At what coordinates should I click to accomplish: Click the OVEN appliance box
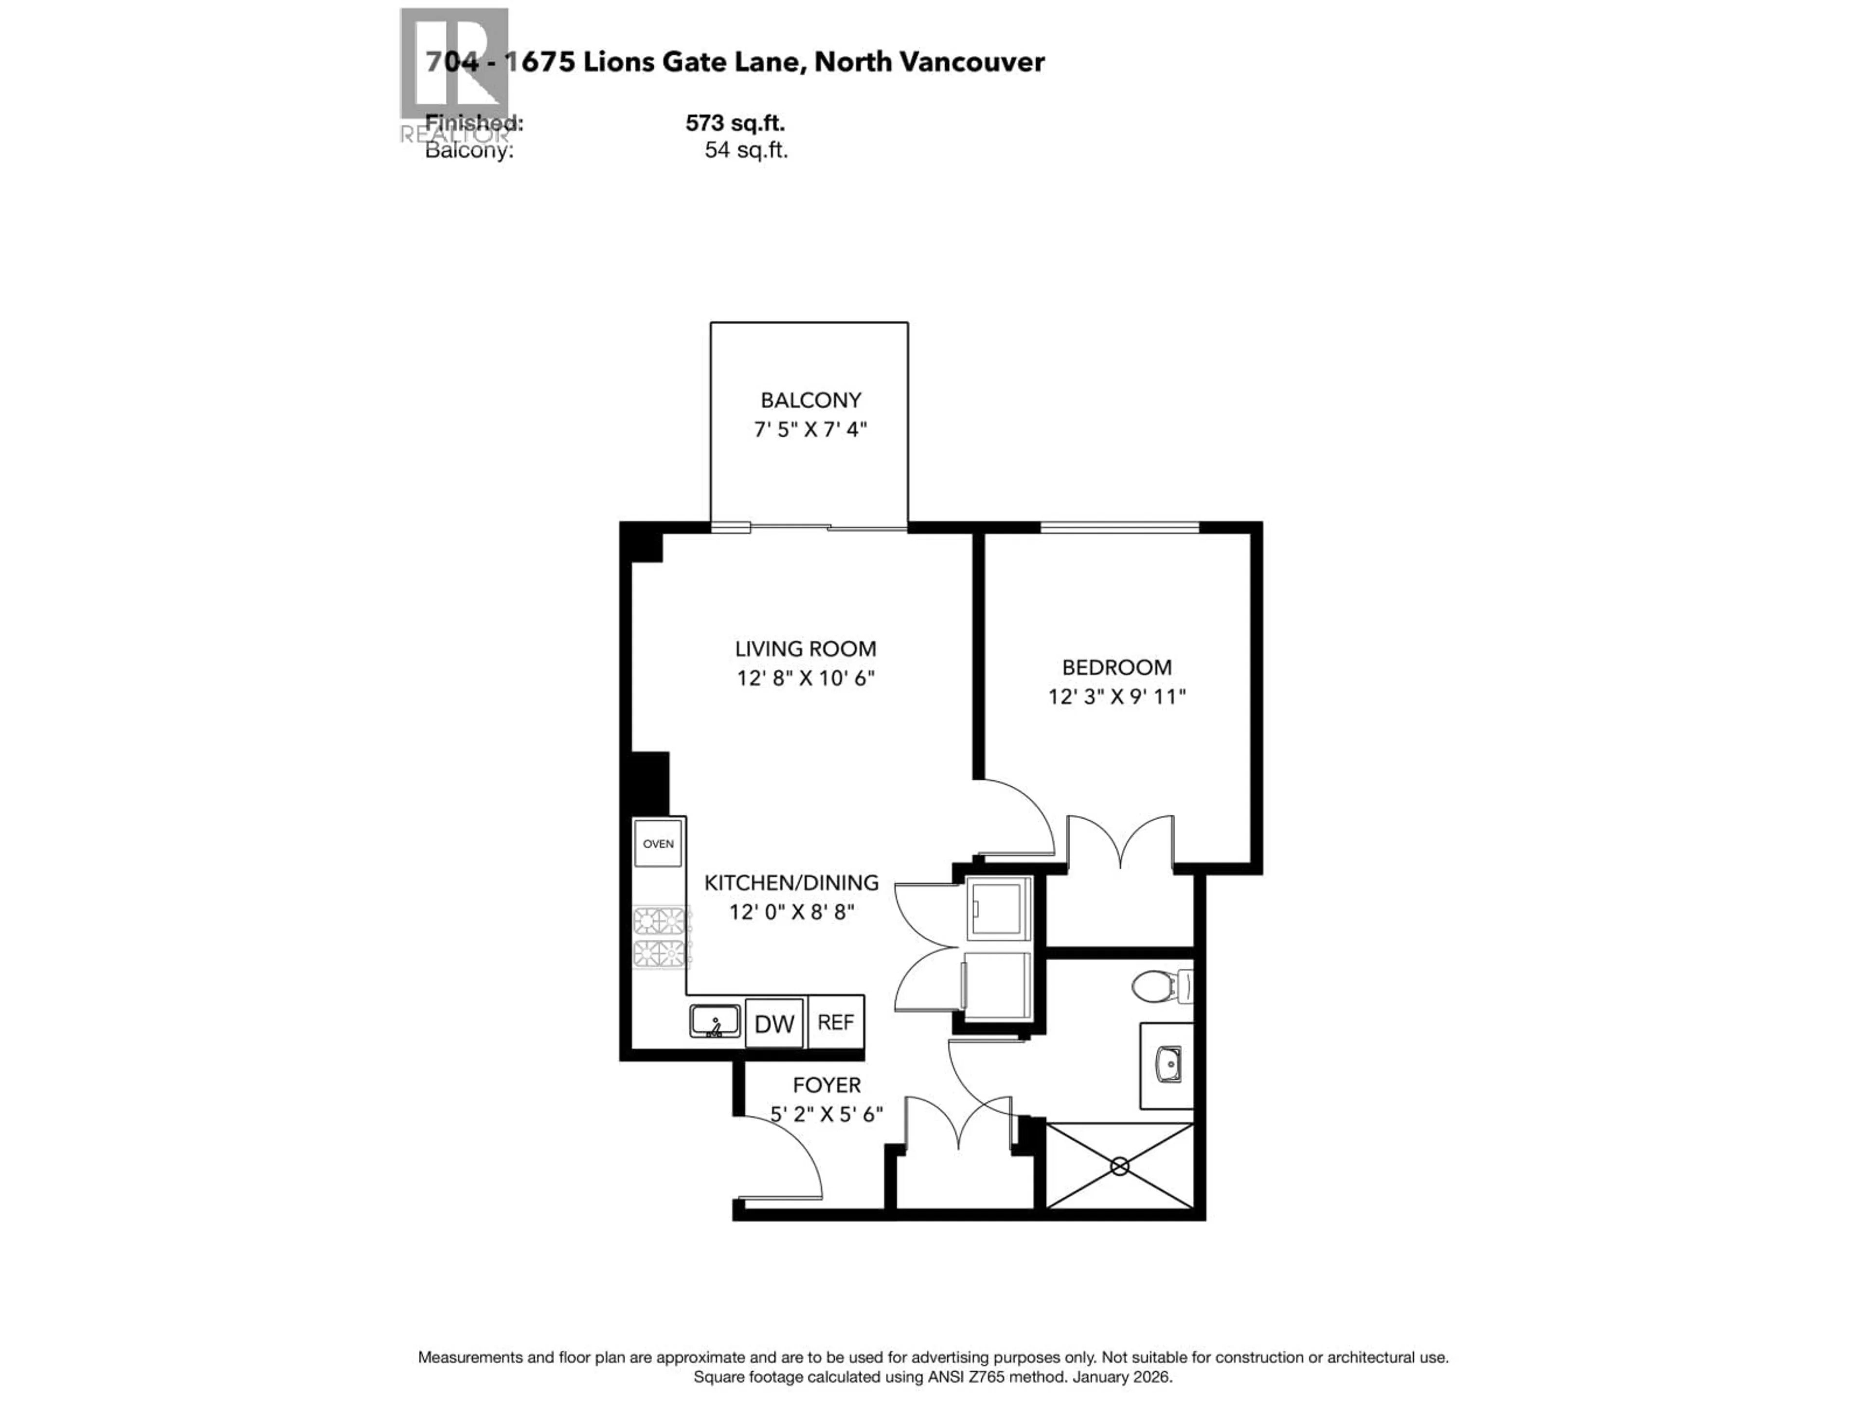click(658, 843)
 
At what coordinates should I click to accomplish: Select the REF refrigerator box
click(835, 1023)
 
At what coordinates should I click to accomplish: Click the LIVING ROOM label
click(805, 648)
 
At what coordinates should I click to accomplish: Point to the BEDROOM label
click(1116, 667)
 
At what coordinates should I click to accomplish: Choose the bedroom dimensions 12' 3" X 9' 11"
click(1116, 697)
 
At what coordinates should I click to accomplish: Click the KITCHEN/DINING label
click(791, 882)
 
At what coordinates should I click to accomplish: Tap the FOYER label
click(826, 1085)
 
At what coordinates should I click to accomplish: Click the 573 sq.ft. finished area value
click(735, 123)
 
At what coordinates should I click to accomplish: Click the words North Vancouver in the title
click(930, 62)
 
